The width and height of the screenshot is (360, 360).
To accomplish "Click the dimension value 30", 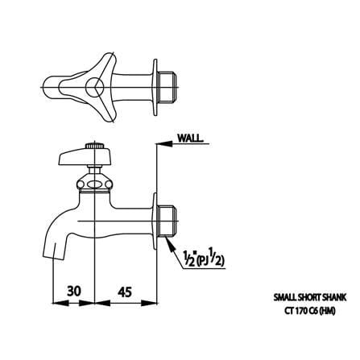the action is [x=74, y=291].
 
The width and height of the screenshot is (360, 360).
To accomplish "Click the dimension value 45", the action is [x=125, y=292].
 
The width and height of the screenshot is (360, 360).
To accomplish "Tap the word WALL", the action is [x=189, y=139].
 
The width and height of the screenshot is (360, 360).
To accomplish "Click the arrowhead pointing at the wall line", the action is [x=164, y=144].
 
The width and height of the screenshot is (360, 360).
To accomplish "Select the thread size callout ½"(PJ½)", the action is [x=204, y=259].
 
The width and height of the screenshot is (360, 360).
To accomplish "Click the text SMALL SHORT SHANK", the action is [x=310, y=297].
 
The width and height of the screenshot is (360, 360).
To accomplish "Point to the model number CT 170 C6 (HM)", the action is [x=310, y=311].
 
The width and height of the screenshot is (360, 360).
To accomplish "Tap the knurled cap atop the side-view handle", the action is [x=94, y=147].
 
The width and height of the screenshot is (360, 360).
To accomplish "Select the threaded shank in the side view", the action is [x=168, y=221].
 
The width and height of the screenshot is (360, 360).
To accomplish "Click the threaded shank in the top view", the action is [x=168, y=87].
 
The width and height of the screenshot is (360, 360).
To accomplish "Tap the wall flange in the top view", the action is [x=155, y=88].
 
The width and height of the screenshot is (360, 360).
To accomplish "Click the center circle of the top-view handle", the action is [x=94, y=86].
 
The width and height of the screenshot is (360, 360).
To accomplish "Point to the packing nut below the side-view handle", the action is [x=94, y=183].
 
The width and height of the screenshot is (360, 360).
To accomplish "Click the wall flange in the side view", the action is [x=155, y=221].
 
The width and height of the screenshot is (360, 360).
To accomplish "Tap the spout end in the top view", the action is [x=51, y=88].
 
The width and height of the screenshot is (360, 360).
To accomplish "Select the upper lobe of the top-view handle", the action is [x=106, y=64].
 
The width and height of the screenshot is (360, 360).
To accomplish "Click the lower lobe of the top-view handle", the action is [x=107, y=110].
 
